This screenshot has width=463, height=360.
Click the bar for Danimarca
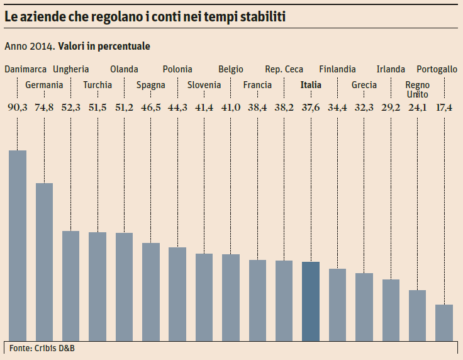coord(17,245)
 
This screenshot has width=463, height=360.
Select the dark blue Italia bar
coord(311,301)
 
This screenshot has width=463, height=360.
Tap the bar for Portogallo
coord(444,322)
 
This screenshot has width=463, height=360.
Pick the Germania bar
coord(44,262)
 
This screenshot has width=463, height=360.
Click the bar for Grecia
coord(364,307)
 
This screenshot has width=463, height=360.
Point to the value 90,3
coord(17,108)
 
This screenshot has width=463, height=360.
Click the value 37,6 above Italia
coord(311,108)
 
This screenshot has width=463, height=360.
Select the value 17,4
coord(444,108)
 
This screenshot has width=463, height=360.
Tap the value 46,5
coord(151,108)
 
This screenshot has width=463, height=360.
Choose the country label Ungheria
coord(71,69)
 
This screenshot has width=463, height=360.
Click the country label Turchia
coord(98,85)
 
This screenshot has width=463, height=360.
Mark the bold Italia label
coord(311,85)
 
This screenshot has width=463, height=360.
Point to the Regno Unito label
coord(418,89)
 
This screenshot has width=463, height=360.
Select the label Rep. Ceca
coord(284,69)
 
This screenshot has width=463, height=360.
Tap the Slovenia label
coord(204,85)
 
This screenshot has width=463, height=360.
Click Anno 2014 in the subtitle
coord(29,47)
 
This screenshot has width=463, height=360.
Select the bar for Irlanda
coord(391,310)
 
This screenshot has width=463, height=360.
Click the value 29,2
coord(391,108)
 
